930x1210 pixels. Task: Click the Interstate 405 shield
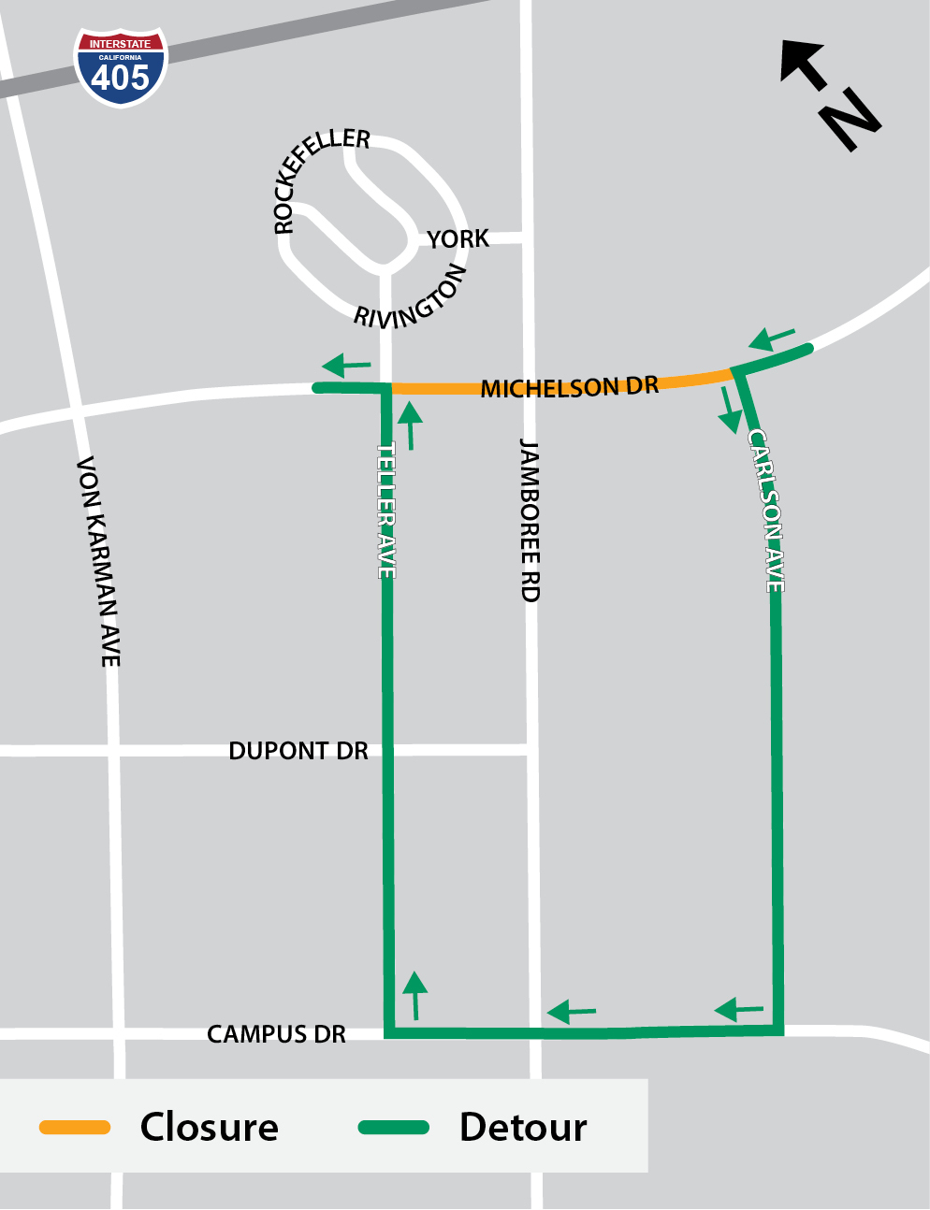click(x=121, y=67)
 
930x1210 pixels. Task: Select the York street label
click(x=458, y=239)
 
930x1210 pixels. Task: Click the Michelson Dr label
click(x=569, y=387)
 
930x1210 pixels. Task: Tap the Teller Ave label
click(x=386, y=511)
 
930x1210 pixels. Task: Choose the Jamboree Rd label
click(x=530, y=520)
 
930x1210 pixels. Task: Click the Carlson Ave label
click(x=765, y=511)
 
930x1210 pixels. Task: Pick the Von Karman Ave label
click(x=98, y=561)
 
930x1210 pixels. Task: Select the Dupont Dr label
click(x=298, y=751)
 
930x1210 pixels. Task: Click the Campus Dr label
click(x=276, y=1034)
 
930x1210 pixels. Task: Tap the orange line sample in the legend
click(x=75, y=1128)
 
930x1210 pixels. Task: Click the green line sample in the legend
click(x=394, y=1128)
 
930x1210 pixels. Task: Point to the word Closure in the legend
click(x=209, y=1128)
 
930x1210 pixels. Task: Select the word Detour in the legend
click(x=523, y=1128)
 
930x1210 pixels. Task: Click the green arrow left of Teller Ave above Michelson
click(x=346, y=365)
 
